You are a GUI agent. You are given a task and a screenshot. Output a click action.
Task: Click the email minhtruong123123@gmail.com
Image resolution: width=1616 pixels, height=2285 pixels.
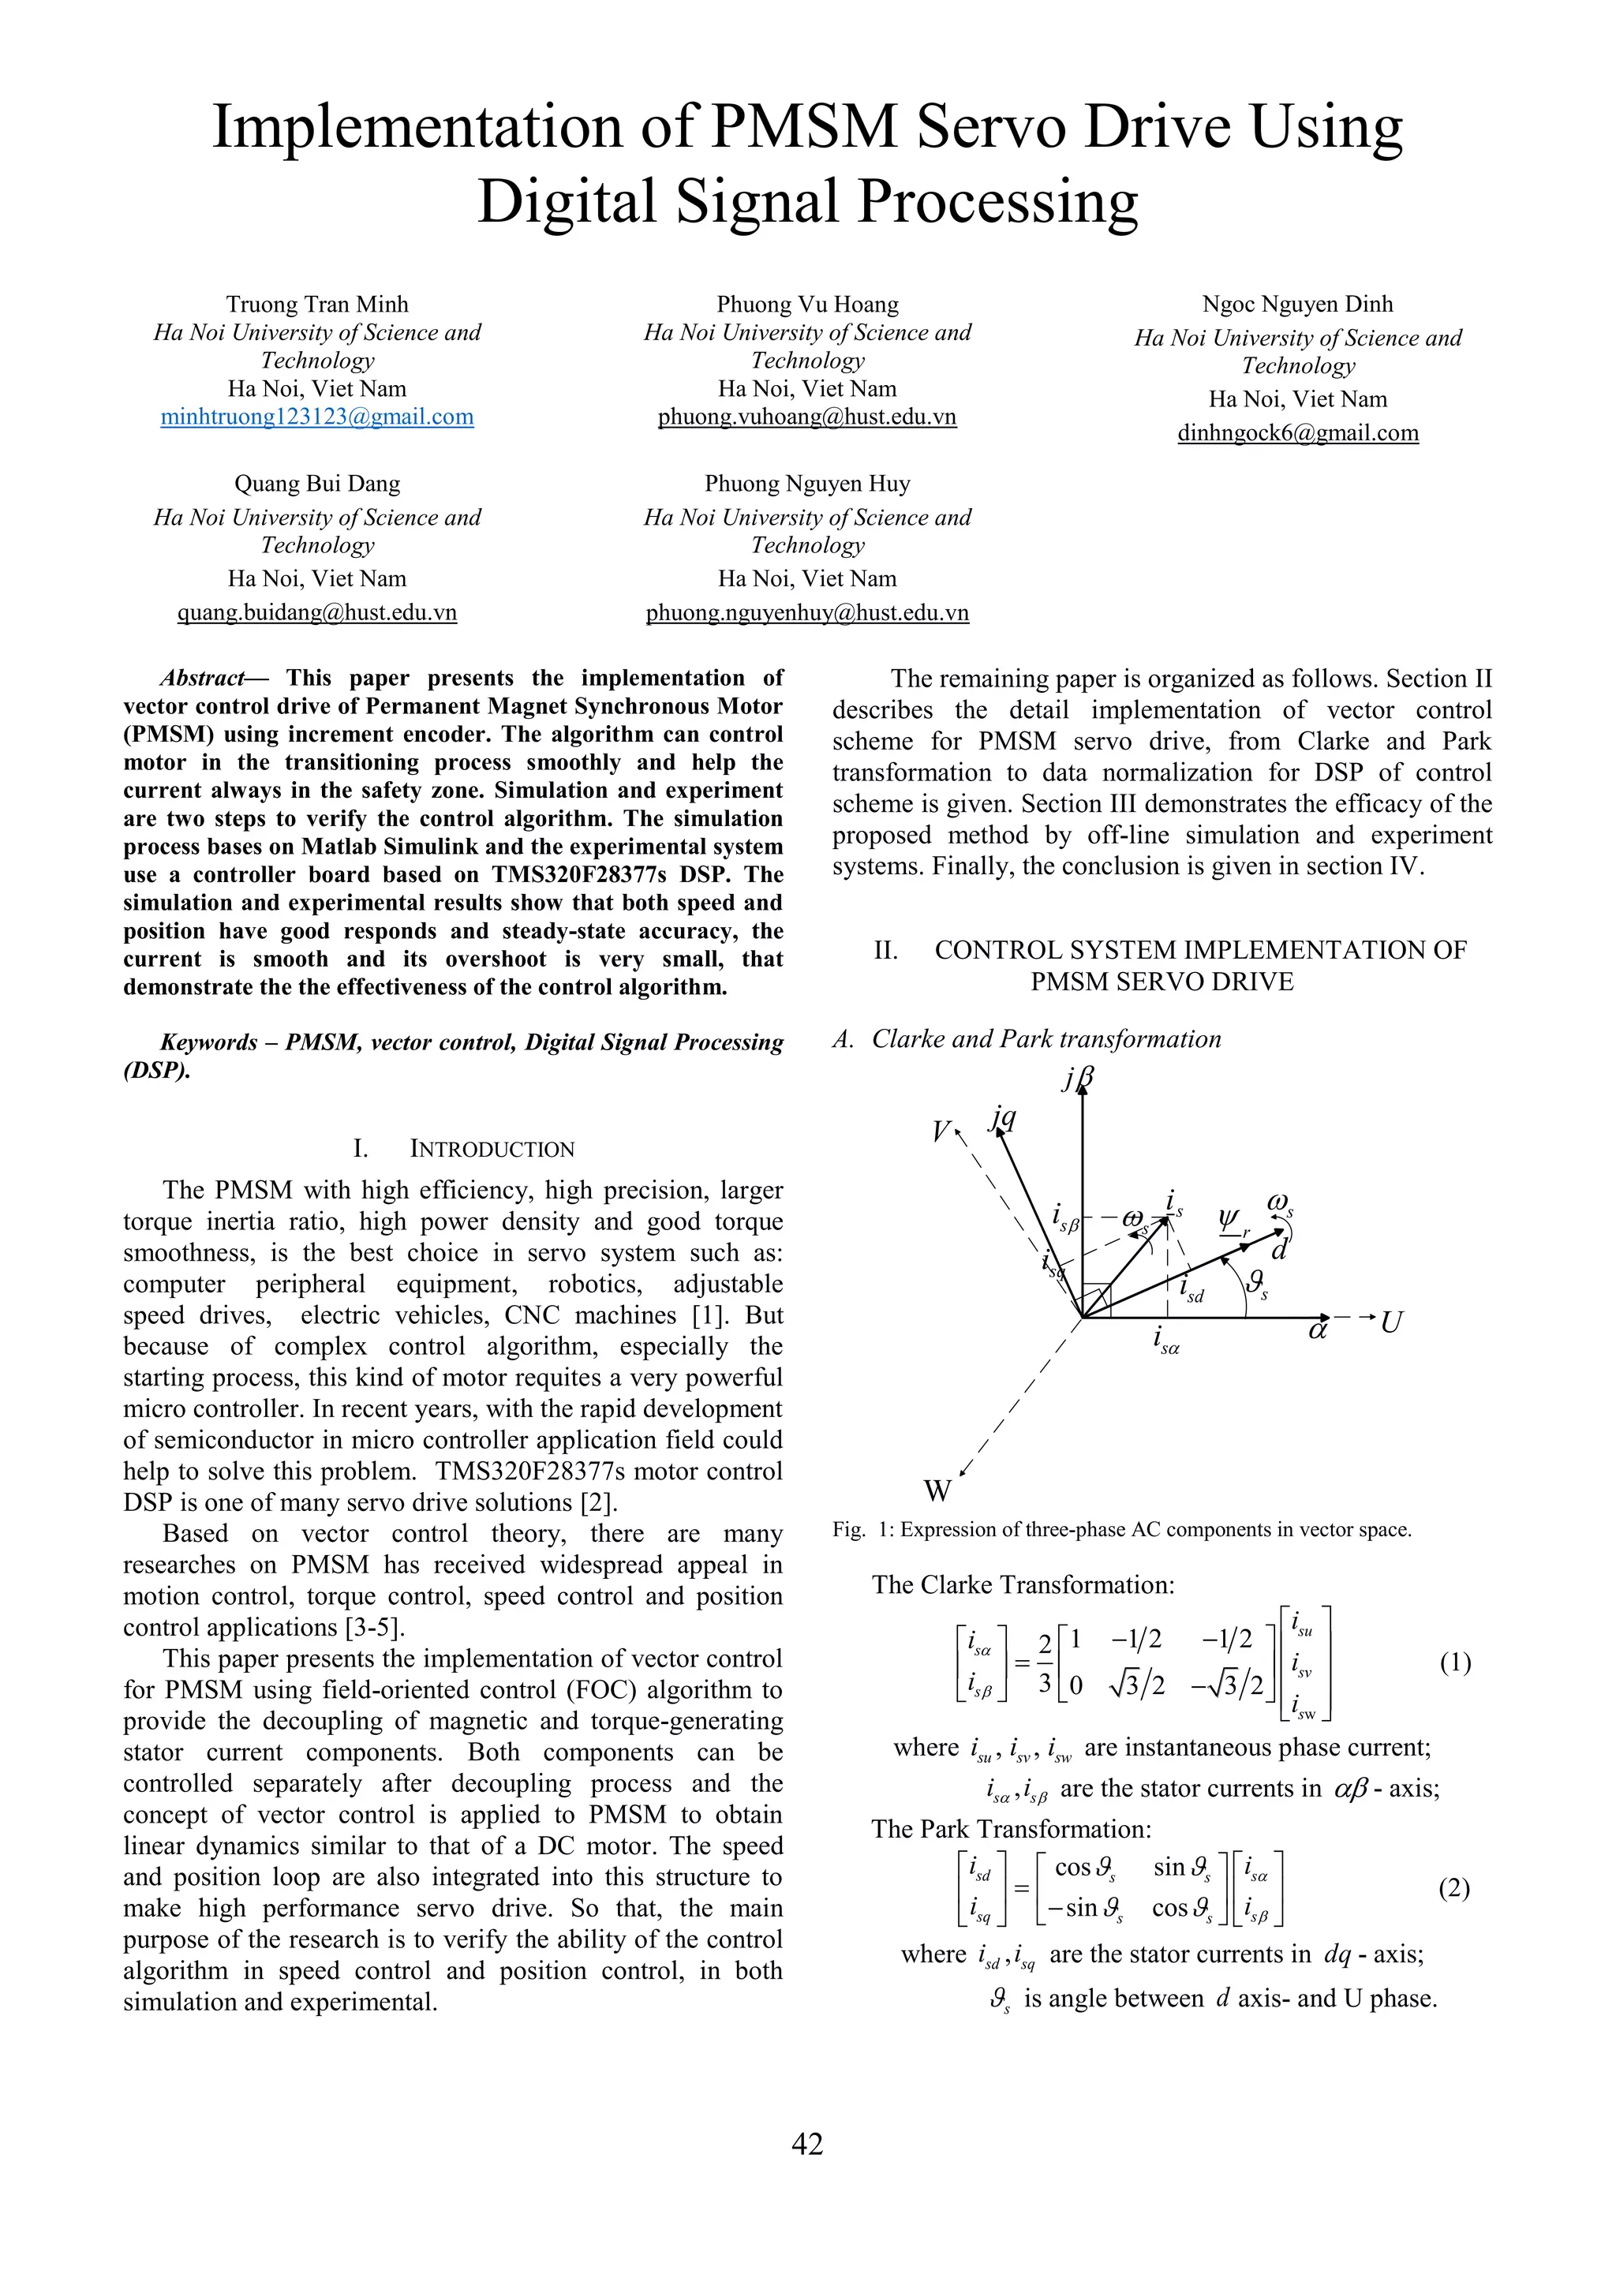316,417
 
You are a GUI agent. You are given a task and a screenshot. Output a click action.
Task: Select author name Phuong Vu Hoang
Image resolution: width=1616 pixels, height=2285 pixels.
807,305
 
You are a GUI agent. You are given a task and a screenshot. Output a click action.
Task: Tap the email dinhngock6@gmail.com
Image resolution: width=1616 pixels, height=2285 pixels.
1297,433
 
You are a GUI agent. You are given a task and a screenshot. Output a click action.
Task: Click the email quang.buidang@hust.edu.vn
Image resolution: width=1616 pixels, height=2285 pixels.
316,613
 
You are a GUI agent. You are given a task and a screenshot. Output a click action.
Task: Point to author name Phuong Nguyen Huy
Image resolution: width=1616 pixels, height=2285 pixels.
807,484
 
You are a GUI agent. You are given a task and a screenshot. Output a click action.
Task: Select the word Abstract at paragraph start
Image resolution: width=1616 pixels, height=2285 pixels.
202,679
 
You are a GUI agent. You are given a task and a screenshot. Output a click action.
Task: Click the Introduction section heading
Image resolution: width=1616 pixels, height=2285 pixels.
492,1150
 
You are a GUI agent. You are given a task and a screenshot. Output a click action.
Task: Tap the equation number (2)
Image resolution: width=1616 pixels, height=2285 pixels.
1453,1888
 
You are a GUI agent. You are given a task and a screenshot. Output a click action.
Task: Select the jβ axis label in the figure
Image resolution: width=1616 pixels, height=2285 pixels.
1076,1079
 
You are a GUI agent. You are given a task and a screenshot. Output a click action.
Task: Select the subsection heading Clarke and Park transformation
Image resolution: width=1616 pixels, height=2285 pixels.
1045,1039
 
